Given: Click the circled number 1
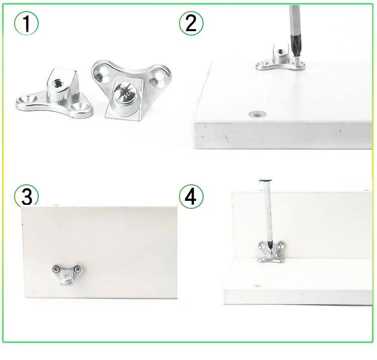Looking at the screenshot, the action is (26, 24).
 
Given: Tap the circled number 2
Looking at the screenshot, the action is (191, 24).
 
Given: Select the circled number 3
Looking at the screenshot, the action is (26, 196).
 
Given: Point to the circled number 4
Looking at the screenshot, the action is (191, 196).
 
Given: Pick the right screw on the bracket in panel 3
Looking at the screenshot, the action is (77, 269).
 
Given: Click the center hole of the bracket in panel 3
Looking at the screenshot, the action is (67, 278).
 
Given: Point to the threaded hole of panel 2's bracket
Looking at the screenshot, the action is (280, 51).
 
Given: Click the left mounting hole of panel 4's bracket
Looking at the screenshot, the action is (263, 246).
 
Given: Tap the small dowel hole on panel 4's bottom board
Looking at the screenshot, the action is (258, 286).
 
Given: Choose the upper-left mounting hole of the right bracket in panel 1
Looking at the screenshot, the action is (104, 72).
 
